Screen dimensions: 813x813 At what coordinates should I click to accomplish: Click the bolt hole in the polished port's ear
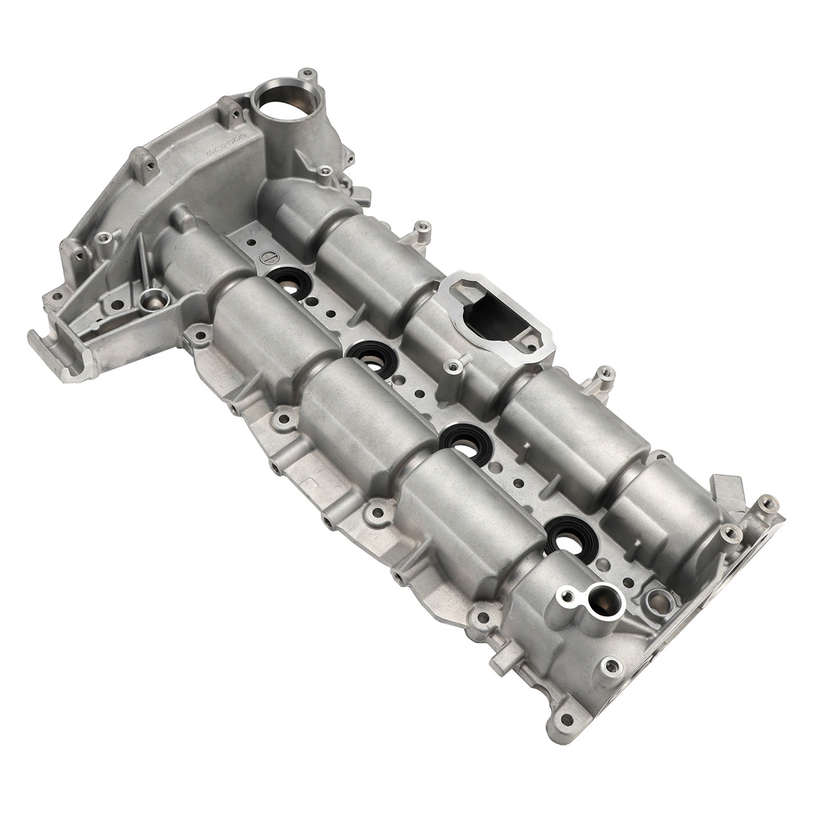coord(563,596)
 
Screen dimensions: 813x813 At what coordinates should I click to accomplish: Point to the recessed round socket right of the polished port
coord(659,598)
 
